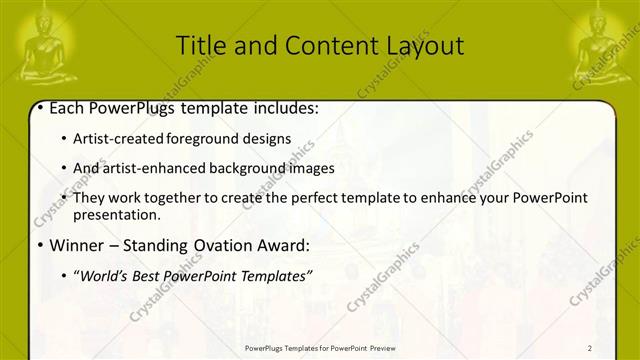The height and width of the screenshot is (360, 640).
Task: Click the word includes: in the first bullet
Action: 284,108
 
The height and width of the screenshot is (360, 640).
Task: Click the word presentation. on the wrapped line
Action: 116,215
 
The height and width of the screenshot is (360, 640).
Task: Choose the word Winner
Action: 73,244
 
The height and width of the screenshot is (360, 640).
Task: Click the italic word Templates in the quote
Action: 273,274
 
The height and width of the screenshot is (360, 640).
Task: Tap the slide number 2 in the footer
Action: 590,348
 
